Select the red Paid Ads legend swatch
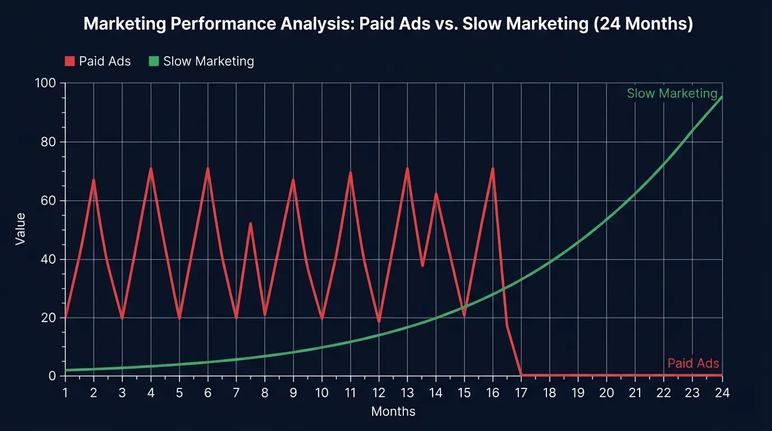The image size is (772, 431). tap(70, 61)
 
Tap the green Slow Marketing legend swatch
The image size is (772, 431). tap(154, 61)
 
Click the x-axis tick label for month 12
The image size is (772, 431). tap(379, 393)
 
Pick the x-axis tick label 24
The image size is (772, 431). tap(722, 393)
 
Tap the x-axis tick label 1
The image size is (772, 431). tap(65, 393)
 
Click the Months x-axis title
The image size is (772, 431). tap(393, 411)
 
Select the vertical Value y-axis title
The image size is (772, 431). tap(20, 228)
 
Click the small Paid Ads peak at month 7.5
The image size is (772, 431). tap(250, 223)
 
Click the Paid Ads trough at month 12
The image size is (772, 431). tap(379, 322)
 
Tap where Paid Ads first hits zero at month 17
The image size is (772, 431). tap(522, 375)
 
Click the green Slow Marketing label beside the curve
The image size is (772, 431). tap(672, 94)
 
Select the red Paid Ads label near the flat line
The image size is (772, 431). tap(693, 364)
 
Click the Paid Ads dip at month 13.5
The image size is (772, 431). tap(422, 265)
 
